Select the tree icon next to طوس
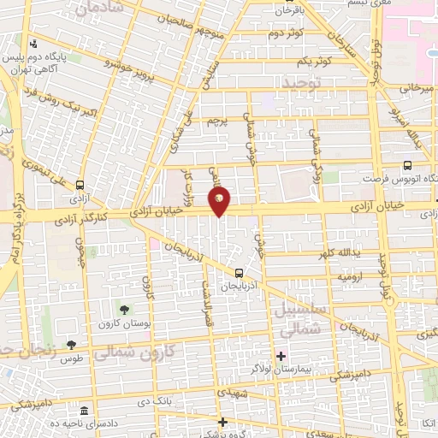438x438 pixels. click(71, 346)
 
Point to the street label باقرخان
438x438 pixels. click(289, 11)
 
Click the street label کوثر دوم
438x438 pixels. click(287, 33)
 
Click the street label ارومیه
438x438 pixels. click(353, 277)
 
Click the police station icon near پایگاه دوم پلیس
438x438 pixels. click(33, 44)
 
